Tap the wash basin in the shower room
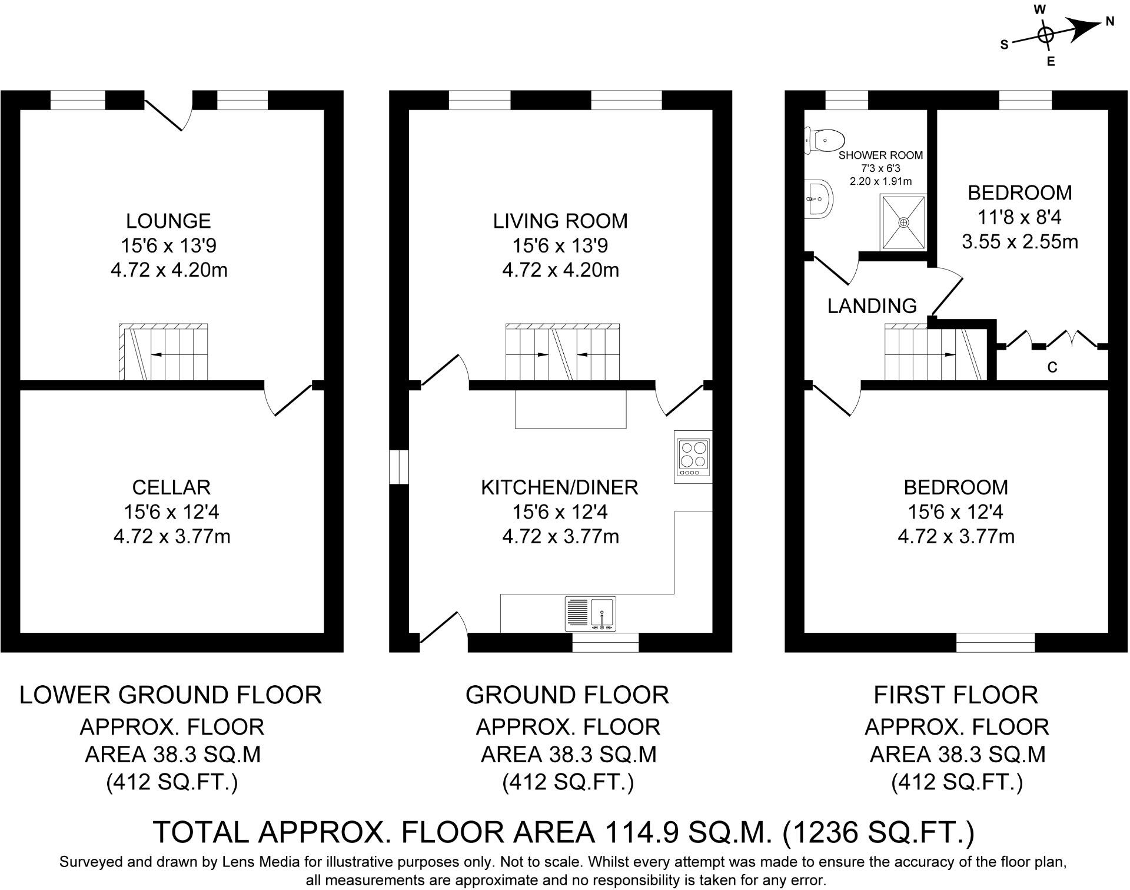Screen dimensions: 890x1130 click(819, 198)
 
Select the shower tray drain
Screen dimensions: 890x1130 click(903, 222)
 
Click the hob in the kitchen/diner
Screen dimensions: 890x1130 click(693, 457)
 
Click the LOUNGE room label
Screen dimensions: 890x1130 click(168, 221)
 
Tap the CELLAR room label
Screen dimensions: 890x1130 click(171, 487)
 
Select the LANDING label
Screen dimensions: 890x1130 click(872, 305)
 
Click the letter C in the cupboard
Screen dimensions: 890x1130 click(1052, 367)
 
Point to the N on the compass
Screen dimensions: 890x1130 click(1110, 22)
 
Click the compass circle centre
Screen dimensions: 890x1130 click(1045, 35)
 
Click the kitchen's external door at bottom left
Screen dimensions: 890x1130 click(443, 630)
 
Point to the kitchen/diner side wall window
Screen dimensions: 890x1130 click(400, 467)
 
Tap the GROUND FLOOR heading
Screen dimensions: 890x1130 click(567, 695)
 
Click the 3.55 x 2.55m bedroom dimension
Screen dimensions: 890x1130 click(1019, 242)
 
